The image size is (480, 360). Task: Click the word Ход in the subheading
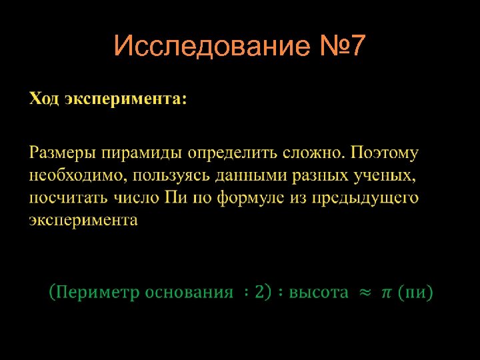45,99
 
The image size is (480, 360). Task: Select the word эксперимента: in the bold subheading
126,99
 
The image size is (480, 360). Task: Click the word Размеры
63,153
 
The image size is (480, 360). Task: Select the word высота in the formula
319,292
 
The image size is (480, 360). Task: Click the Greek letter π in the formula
387,292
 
